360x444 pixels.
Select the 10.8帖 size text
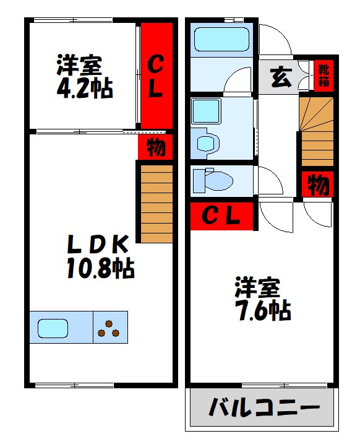(x=100, y=268)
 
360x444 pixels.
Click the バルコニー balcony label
(x=264, y=408)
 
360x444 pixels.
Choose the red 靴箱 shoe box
(x=322, y=74)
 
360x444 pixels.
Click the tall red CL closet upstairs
(x=154, y=77)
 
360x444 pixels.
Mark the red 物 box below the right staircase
(x=318, y=185)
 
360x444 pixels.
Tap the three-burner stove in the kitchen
(x=109, y=328)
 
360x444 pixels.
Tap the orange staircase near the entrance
(x=317, y=130)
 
